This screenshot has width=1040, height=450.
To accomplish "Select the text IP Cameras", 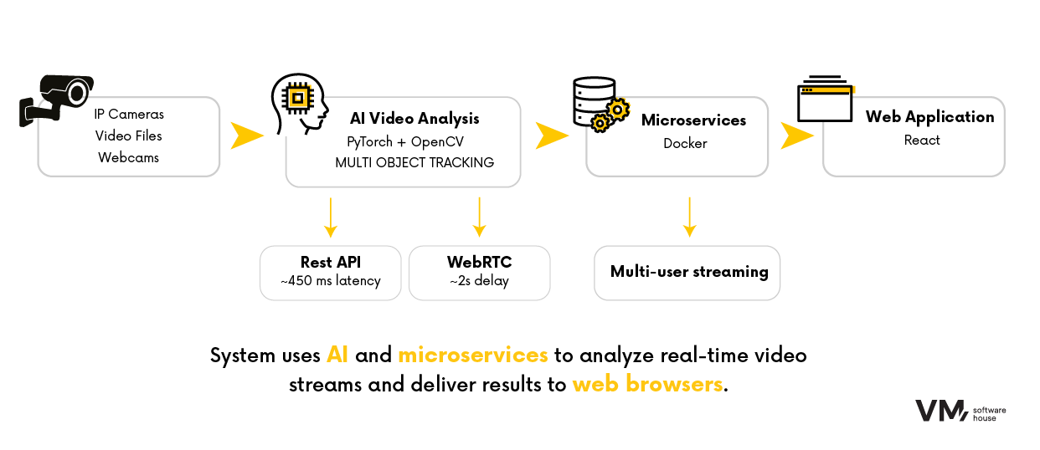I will tap(129, 114).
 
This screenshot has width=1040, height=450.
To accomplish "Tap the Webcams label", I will tap(128, 157).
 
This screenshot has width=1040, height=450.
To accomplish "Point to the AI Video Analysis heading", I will tap(414, 119).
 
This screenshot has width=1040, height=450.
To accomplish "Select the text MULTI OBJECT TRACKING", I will tap(414, 162).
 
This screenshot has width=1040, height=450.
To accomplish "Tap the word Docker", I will tap(685, 143).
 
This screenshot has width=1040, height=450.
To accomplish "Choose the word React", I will tap(922, 141).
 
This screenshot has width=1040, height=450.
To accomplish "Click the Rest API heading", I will tap(331, 263).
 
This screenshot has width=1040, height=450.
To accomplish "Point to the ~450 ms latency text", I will tap(331, 281).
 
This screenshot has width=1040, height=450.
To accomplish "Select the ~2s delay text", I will tap(479, 281).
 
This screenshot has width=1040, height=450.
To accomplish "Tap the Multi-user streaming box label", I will tap(689, 272).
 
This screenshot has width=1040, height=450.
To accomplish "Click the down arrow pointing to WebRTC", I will tap(479, 217).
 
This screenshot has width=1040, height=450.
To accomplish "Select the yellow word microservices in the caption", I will tap(472, 355).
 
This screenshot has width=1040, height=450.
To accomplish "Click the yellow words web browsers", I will tap(646, 386).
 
